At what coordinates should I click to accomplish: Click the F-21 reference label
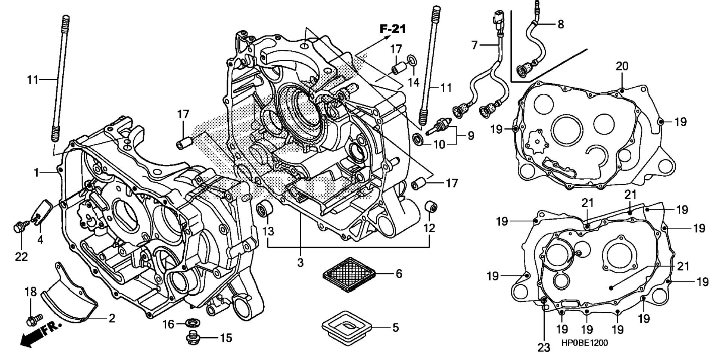click(393, 29)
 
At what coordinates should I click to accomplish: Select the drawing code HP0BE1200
click(584, 343)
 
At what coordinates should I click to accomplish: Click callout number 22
click(21, 257)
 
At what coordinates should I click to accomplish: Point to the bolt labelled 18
click(31, 320)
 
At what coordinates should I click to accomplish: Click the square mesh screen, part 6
click(348, 274)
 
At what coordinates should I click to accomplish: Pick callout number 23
click(544, 348)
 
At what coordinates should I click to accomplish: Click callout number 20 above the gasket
click(622, 66)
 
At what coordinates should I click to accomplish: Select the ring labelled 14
click(411, 59)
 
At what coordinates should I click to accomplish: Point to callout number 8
click(560, 24)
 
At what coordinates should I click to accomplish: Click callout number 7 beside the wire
click(474, 46)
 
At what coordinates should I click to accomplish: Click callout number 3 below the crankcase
click(301, 263)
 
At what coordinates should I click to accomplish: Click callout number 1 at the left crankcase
click(36, 173)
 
